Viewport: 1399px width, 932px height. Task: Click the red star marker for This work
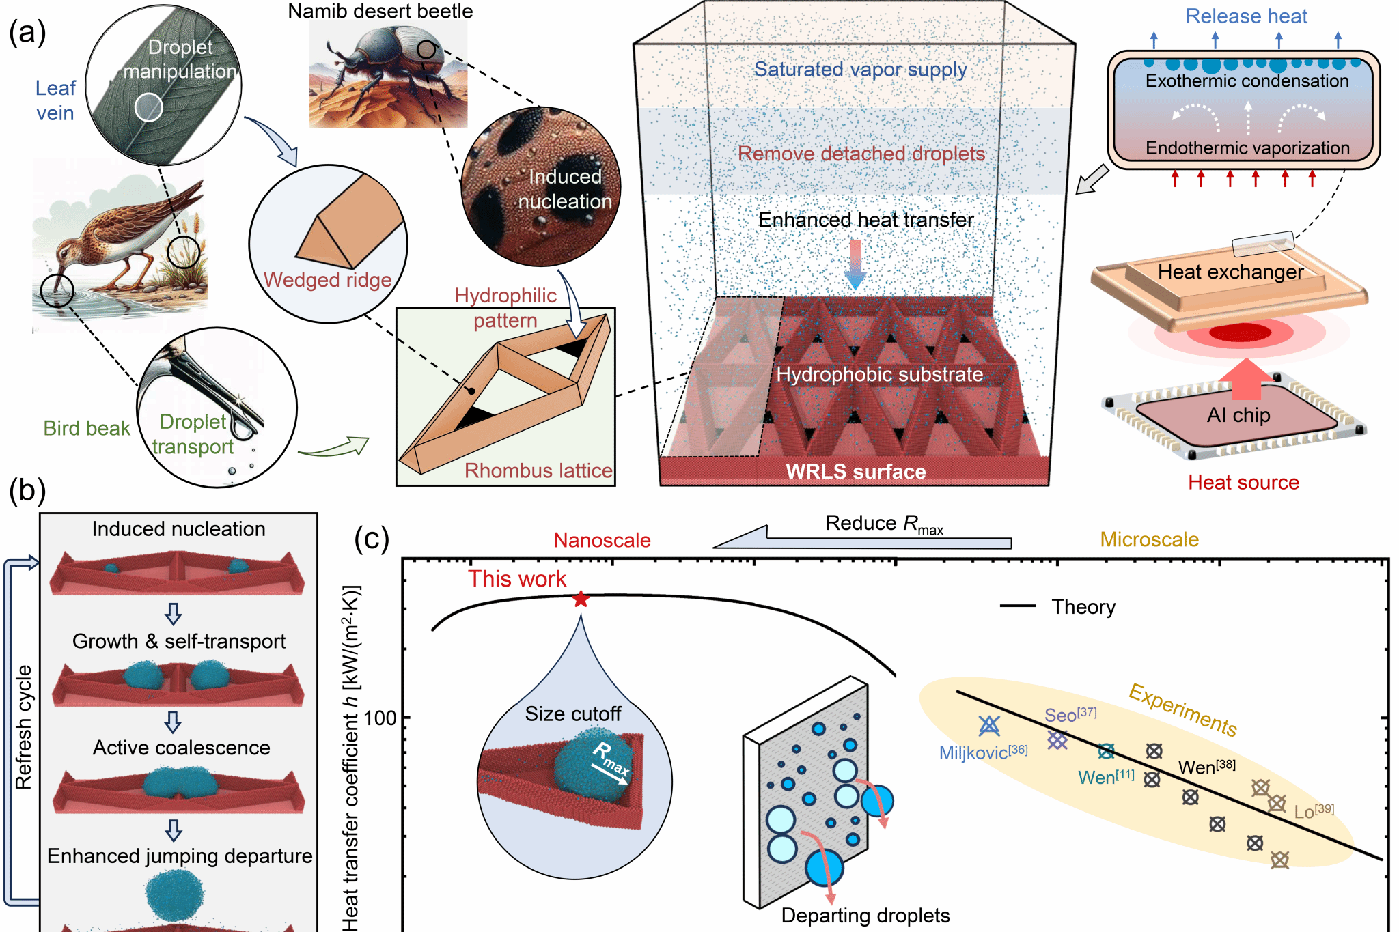[581, 599]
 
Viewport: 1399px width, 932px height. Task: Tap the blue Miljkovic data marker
[988, 725]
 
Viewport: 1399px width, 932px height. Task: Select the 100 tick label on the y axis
[380, 718]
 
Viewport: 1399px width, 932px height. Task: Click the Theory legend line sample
[1017, 606]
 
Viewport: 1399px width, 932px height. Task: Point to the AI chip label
[1238, 415]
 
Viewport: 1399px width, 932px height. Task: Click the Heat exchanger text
[1230, 272]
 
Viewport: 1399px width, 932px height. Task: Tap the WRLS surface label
[855, 472]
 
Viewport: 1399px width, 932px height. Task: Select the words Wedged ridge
[327, 280]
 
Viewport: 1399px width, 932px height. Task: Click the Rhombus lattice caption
[538, 470]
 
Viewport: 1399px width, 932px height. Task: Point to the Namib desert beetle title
[380, 12]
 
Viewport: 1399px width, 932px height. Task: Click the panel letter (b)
[27, 490]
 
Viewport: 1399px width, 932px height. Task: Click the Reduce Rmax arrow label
[884, 524]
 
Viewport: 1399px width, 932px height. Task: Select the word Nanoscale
[602, 540]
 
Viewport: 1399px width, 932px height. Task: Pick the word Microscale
[1149, 539]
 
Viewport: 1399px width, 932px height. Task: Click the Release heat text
[1246, 16]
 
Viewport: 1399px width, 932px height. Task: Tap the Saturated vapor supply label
[860, 70]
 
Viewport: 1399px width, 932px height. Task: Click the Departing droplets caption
[865, 916]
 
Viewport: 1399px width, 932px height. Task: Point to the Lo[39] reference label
[1314, 811]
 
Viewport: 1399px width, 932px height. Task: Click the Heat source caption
[1243, 483]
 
